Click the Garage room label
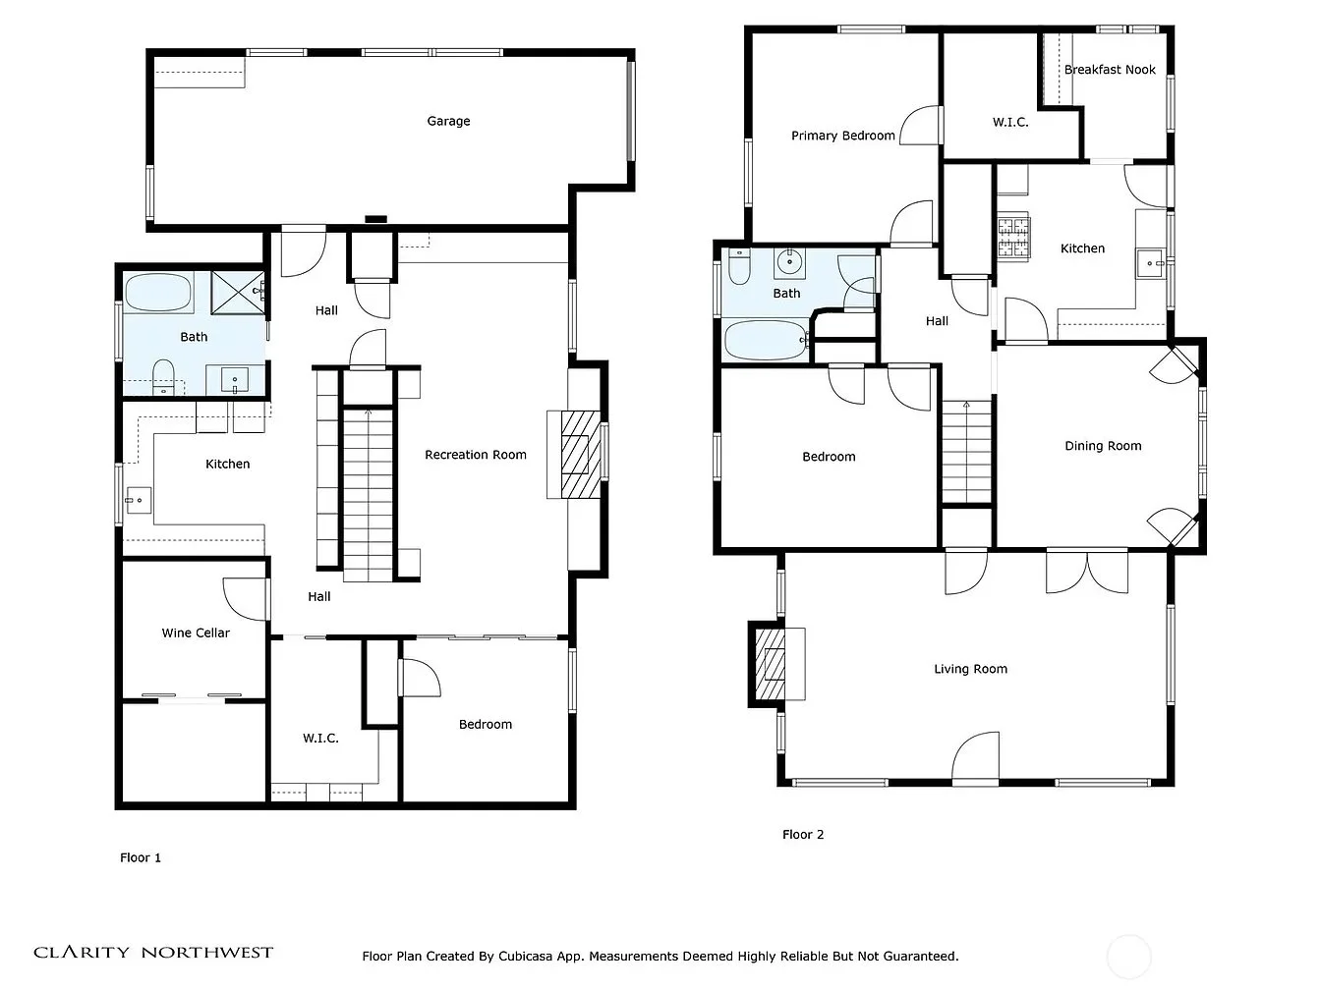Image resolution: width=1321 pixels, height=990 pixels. pos(448,121)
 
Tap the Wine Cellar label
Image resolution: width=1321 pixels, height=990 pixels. pos(196,632)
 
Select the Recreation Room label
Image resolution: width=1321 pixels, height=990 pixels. pos(476,455)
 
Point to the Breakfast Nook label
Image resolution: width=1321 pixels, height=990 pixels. pos(1109,69)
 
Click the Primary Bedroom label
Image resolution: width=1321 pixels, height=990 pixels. pos(842,136)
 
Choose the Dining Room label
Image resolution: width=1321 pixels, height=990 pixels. pos(1103,446)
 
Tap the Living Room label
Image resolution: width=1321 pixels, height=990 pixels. pos(970,669)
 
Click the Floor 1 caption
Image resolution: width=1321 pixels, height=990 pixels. pos(141,857)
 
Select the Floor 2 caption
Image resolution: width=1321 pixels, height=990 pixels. pos(803,834)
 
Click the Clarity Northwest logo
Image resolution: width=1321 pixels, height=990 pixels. pos(153,952)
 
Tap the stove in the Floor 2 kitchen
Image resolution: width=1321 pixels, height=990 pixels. pos(1014,238)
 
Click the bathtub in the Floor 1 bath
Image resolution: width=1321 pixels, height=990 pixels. pos(158,293)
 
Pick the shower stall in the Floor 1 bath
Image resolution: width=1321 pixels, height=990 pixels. pos(238,293)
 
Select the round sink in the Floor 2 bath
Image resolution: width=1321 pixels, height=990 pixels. pos(789,262)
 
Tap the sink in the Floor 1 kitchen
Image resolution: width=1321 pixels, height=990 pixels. pos(139,500)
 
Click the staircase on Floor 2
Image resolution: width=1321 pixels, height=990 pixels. pos(966,452)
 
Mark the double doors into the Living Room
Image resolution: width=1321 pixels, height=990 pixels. pos(1087,571)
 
